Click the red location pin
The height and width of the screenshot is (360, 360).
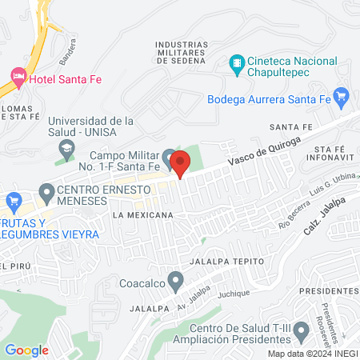(x=181, y=162)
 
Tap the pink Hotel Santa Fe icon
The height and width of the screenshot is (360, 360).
(x=18, y=77)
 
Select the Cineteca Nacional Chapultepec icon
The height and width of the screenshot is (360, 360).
(x=237, y=62)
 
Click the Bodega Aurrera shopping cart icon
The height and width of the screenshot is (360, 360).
(x=342, y=99)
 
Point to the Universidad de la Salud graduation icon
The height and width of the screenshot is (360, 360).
(x=66, y=148)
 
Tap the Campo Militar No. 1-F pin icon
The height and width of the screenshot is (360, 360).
(x=168, y=157)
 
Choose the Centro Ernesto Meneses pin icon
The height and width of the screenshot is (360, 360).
(x=45, y=193)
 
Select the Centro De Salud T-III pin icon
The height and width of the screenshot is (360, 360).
(x=302, y=330)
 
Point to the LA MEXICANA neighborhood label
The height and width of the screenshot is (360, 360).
(x=144, y=215)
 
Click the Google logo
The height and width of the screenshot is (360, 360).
(x=26, y=350)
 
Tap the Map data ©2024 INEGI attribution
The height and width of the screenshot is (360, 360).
(x=312, y=354)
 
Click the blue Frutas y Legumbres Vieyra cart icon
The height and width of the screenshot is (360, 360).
(x=11, y=200)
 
